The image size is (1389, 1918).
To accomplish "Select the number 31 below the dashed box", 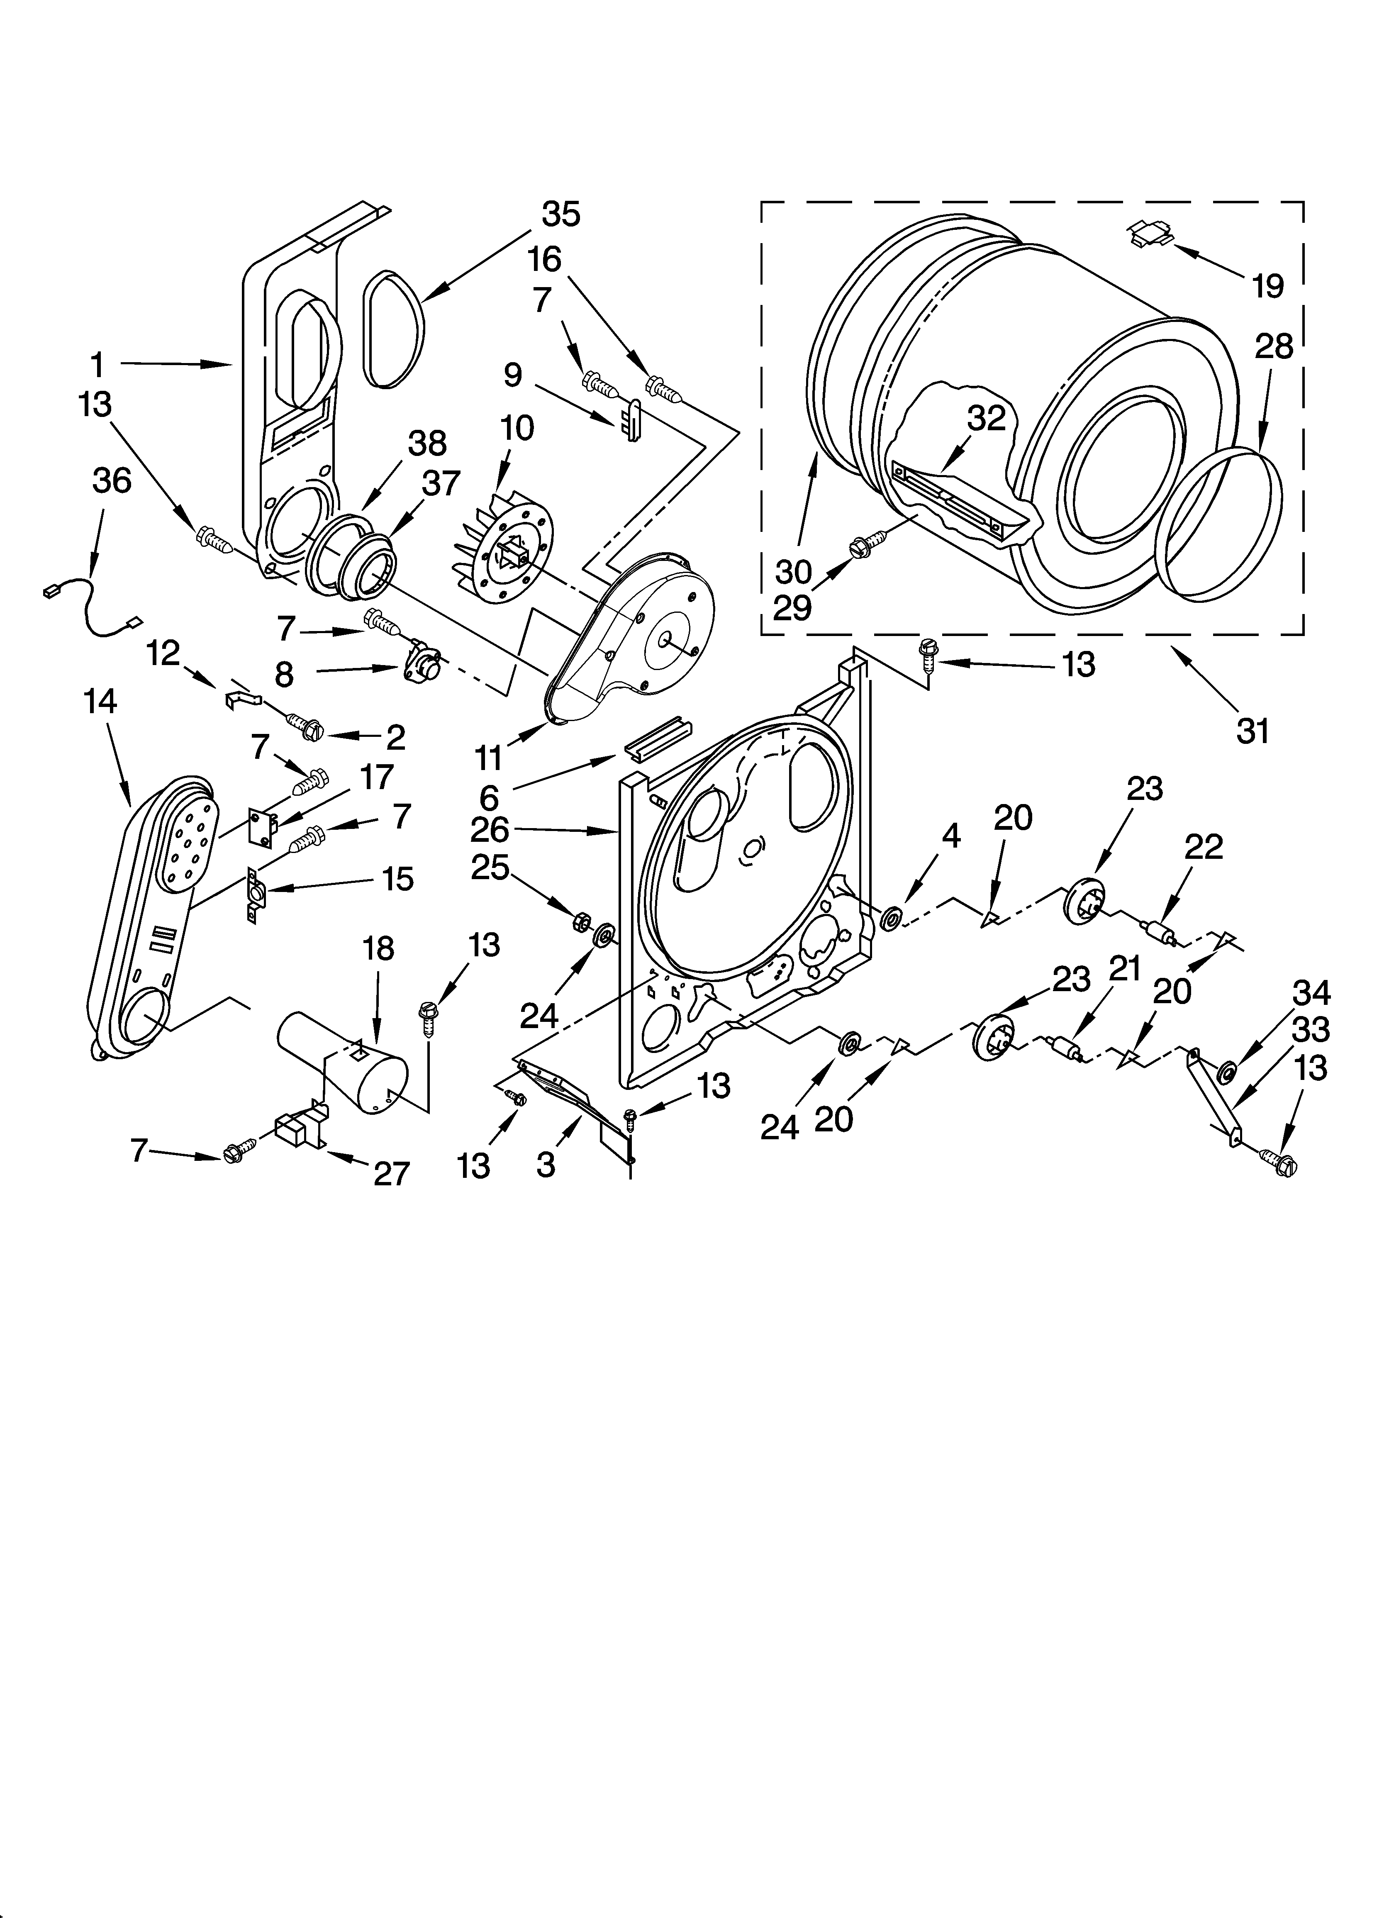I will (1253, 731).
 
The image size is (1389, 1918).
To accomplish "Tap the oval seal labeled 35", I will (393, 331).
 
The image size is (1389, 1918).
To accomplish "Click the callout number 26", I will (490, 830).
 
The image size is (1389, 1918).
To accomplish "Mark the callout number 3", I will (546, 1165).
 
